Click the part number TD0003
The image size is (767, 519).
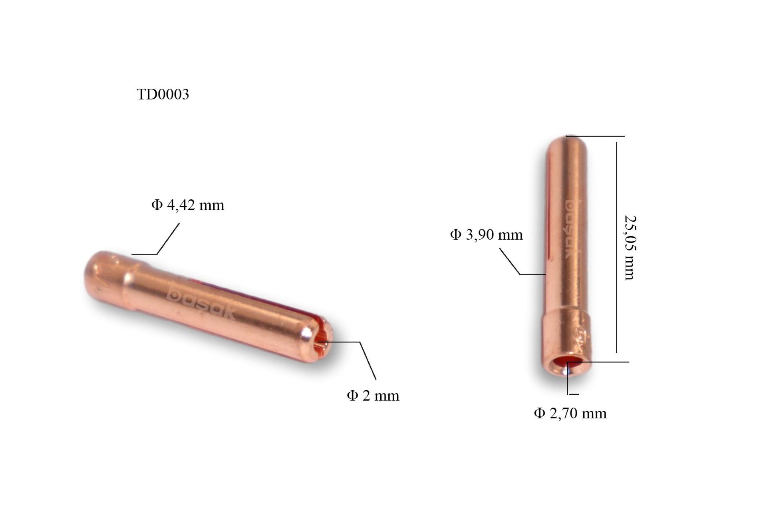click(x=163, y=95)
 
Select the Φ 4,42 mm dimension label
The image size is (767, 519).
click(x=187, y=205)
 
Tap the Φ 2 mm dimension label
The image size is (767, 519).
click(x=373, y=396)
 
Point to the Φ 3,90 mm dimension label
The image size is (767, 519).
click(x=486, y=235)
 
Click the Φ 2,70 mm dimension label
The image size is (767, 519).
click(x=570, y=414)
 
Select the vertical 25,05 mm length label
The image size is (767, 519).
click(x=630, y=248)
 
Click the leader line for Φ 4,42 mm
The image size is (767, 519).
click(x=168, y=239)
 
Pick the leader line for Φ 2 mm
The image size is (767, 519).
click(x=368, y=360)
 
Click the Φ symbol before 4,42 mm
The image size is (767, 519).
click(x=157, y=205)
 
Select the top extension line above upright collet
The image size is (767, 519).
click(x=595, y=136)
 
